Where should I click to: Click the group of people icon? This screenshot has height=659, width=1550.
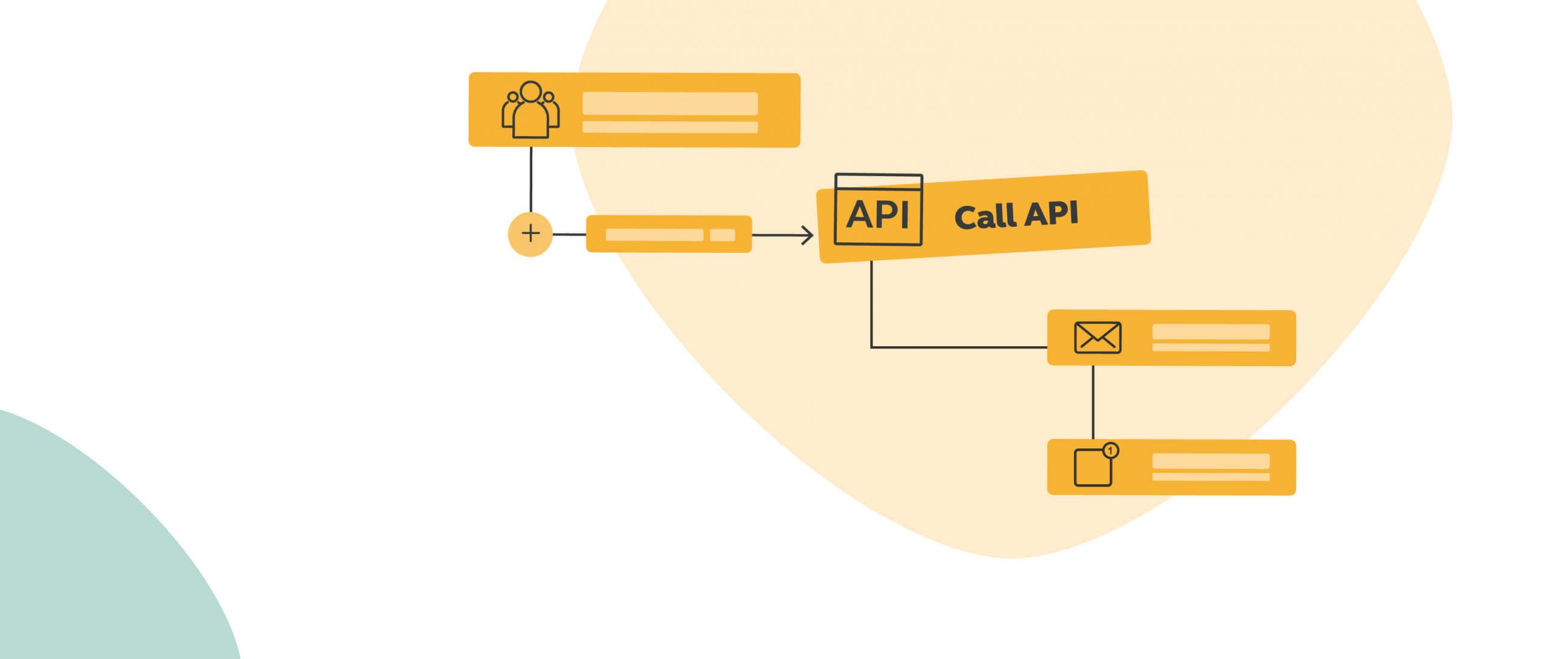point(530,110)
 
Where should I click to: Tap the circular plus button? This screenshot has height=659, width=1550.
point(530,234)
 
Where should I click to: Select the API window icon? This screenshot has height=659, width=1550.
point(878,210)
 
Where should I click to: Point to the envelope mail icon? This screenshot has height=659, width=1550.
point(1097,338)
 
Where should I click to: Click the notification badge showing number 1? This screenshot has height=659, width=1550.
point(1110,451)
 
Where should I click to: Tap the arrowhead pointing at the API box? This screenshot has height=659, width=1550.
point(807,235)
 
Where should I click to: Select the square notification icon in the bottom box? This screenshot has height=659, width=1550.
point(1092,468)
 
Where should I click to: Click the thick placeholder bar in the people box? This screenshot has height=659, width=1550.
point(670,103)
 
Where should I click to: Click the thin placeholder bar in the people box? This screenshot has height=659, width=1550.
point(670,127)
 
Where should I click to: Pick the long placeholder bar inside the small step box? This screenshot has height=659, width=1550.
point(654,235)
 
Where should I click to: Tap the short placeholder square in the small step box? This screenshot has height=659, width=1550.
point(722,235)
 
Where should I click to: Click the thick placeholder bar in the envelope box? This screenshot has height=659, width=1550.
point(1210,332)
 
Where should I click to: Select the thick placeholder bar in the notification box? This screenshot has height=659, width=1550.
point(1210,461)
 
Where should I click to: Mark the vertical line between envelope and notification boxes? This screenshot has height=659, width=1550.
point(1093,402)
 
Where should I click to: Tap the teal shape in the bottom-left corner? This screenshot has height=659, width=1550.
point(91,545)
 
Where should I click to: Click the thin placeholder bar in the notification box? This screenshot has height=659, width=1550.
point(1210,477)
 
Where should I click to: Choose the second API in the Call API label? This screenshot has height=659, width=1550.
point(1052,214)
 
